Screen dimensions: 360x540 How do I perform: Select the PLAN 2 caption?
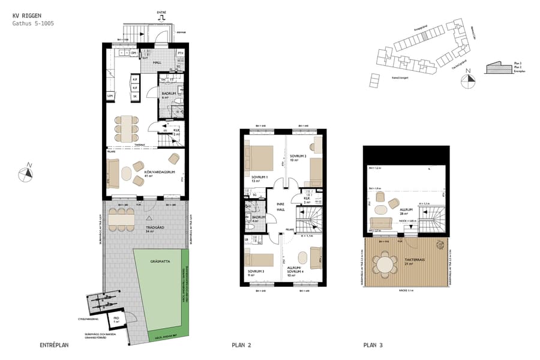pos(241,346)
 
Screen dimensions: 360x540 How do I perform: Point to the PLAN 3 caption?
pos(373,346)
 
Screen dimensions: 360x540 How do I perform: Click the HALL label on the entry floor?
pos(157,62)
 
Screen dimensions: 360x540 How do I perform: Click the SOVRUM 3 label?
pos(255,271)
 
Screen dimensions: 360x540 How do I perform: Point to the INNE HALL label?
pos(280,206)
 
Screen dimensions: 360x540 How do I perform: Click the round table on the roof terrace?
pos(385,264)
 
